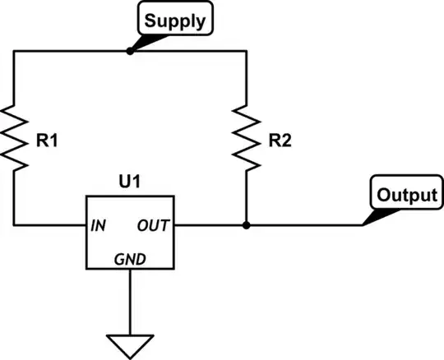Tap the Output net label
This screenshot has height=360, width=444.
tap(406, 196)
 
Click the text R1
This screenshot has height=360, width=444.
tap(47, 141)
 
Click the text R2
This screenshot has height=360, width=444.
tap(280, 141)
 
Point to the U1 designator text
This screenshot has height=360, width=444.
tap(130, 181)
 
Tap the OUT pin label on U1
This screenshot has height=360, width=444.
tap(153, 224)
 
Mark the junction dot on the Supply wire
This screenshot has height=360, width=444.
tap(130, 50)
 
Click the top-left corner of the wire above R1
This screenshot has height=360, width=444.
tap(14, 50)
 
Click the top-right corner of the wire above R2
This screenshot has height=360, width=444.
tap(247, 50)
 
